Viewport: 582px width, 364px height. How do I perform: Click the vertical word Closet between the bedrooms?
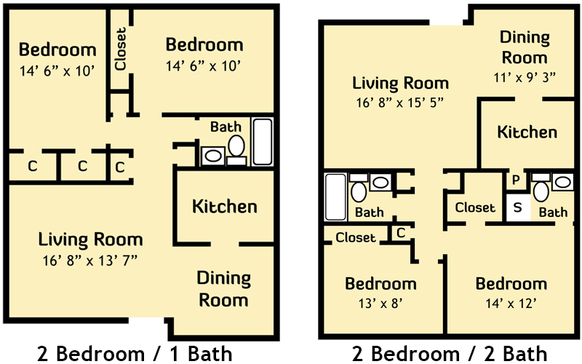(121, 49)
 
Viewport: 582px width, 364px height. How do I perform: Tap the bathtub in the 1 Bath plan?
(263, 141)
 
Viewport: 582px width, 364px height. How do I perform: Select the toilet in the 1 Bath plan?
(236, 150)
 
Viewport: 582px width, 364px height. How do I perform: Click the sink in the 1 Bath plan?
(213, 156)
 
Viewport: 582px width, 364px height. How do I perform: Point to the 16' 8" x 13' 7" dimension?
(90, 261)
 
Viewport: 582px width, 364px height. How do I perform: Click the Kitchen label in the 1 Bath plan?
(225, 206)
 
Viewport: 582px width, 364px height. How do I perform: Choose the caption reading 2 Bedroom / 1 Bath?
(135, 353)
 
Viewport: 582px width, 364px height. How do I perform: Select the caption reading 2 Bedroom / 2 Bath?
(450, 353)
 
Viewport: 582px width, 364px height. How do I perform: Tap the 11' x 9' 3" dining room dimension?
(525, 77)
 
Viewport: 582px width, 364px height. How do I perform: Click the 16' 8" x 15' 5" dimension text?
(399, 102)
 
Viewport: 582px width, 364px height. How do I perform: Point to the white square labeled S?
(518, 207)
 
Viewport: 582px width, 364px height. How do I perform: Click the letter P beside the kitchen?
(516, 180)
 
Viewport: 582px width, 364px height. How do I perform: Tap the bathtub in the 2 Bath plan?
(335, 197)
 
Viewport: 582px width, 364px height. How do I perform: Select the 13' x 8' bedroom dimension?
(380, 304)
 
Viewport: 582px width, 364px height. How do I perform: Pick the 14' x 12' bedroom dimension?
(511, 304)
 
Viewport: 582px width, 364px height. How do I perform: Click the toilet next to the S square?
(541, 188)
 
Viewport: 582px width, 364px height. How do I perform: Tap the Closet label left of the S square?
(475, 207)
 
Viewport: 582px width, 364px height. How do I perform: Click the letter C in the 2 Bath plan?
(401, 233)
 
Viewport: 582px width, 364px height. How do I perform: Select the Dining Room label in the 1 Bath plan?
(223, 289)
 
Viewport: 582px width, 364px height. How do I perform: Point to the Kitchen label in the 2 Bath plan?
(527, 132)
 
